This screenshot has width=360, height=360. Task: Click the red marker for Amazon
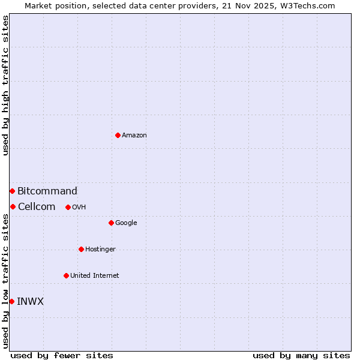click(118, 135)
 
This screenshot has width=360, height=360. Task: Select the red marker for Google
click(111, 223)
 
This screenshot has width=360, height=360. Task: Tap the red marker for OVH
click(68, 207)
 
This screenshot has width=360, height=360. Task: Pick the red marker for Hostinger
click(81, 249)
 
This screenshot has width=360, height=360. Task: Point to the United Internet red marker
click(66, 275)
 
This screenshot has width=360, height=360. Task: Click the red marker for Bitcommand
click(12, 191)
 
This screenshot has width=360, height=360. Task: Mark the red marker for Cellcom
click(13, 206)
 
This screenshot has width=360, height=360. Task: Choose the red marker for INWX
click(11, 301)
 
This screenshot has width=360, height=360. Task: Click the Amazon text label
click(134, 136)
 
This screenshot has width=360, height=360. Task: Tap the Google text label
click(126, 223)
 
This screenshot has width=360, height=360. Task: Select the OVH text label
click(79, 208)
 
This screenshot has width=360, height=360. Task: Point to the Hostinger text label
click(100, 250)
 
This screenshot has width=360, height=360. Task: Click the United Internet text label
click(95, 276)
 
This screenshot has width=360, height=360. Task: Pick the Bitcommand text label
click(47, 191)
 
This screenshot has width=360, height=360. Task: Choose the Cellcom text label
click(37, 207)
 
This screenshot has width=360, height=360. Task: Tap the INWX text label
click(31, 302)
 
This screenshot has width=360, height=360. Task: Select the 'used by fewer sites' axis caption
click(62, 355)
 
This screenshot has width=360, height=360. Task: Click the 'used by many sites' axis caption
click(301, 355)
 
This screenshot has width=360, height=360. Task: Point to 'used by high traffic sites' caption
click(5, 85)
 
